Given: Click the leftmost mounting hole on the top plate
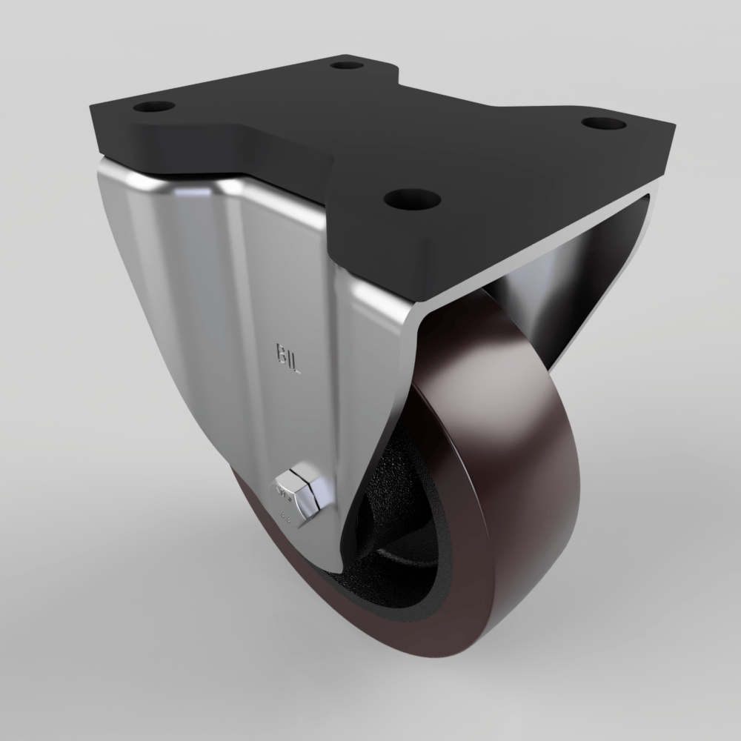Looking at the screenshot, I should (x=154, y=106).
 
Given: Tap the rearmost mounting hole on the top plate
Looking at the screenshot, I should (x=345, y=65).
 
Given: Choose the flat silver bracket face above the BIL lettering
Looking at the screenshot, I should (x=282, y=282).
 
